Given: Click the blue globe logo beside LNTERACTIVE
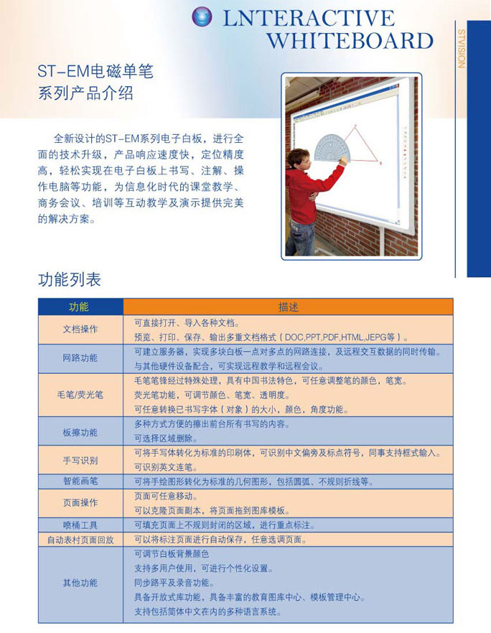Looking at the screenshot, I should click(x=202, y=17).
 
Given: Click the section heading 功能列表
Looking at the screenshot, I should click(x=70, y=279).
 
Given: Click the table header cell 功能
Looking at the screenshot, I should click(x=79, y=306).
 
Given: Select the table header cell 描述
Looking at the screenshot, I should click(x=288, y=306).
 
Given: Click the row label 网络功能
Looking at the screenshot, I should click(x=80, y=357).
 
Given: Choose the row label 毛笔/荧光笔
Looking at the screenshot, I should click(x=80, y=395).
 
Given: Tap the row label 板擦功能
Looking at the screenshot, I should click(x=80, y=432).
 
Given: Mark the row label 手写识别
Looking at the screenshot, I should click(x=80, y=460).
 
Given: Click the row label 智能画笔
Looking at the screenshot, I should click(x=80, y=481).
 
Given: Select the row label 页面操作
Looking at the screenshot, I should click(x=80, y=503).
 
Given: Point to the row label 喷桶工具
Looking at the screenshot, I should click(x=80, y=525).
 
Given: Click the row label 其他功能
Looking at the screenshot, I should click(x=80, y=583).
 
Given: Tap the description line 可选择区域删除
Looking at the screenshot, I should click(x=170, y=438).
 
